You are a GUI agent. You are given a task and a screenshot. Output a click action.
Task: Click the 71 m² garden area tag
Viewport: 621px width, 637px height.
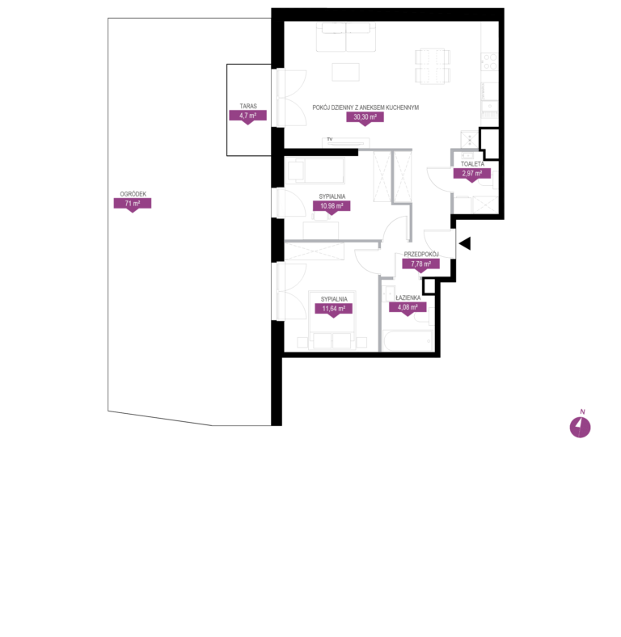pos(133,204)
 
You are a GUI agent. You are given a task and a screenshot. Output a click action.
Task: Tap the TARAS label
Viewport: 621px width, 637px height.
pos(248,106)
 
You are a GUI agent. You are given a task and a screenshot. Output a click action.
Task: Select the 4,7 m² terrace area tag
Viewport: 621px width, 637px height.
pos(248,116)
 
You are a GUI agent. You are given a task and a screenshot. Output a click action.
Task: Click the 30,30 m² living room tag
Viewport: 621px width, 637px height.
pos(365,118)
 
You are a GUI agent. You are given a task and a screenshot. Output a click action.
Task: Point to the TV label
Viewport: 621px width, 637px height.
pos(330,139)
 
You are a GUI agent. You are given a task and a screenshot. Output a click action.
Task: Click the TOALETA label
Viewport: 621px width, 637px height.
pos(472,164)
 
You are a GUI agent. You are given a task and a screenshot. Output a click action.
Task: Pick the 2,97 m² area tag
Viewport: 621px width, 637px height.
pos(472,175)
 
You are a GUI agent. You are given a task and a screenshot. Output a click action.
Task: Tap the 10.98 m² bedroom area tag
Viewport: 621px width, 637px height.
pos(332,206)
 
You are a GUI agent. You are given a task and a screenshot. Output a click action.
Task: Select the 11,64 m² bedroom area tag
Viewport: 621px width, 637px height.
pos(334,309)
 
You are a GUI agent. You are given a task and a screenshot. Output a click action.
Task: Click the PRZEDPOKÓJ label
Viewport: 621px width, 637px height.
pos(421,255)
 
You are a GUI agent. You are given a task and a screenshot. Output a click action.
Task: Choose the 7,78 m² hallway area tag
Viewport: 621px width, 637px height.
pos(420,264)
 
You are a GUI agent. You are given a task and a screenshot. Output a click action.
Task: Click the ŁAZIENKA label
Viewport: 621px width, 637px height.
pos(408,297)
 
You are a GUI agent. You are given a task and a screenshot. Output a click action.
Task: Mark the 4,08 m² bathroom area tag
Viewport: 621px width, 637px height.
pos(408,308)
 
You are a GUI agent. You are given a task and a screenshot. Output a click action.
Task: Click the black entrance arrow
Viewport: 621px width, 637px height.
pos(465,243)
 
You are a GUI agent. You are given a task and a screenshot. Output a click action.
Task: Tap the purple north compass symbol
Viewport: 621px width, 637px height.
pos(580,427)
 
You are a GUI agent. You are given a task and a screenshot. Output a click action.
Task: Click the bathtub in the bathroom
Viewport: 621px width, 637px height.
pos(408,340)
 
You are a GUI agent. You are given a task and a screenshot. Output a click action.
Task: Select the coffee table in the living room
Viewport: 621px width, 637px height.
pos(345,72)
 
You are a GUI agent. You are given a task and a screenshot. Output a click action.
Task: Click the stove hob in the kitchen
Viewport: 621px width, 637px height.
pos(490,61)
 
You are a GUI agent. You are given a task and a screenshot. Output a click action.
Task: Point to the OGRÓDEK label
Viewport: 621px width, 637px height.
pos(133,194)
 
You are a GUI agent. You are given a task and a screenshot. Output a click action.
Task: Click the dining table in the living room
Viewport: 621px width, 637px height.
pos(433,66)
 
